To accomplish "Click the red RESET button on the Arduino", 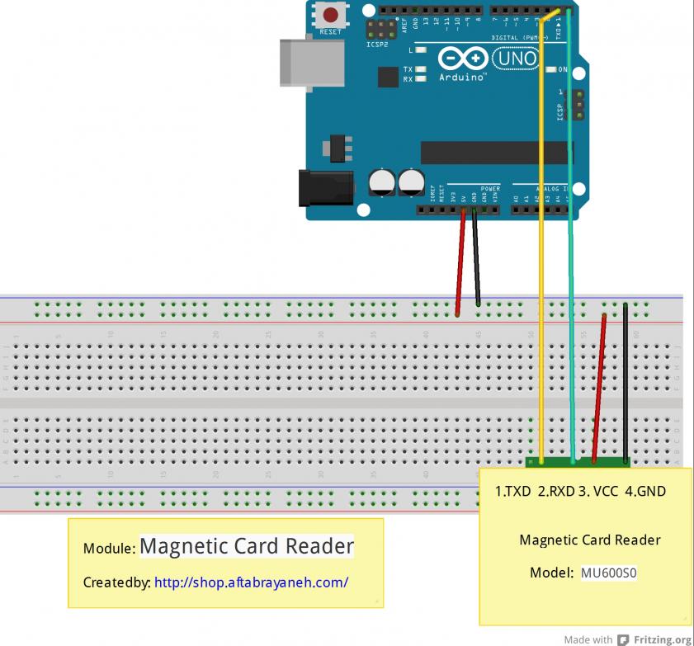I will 332,16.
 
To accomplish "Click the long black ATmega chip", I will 495,152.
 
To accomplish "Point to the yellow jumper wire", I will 541,248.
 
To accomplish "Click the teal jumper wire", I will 570,248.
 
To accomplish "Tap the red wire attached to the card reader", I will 600,388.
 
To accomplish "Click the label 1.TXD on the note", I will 513,492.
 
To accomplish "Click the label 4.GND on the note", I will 645,492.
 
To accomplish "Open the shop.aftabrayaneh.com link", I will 251,582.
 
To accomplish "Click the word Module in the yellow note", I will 107,549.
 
